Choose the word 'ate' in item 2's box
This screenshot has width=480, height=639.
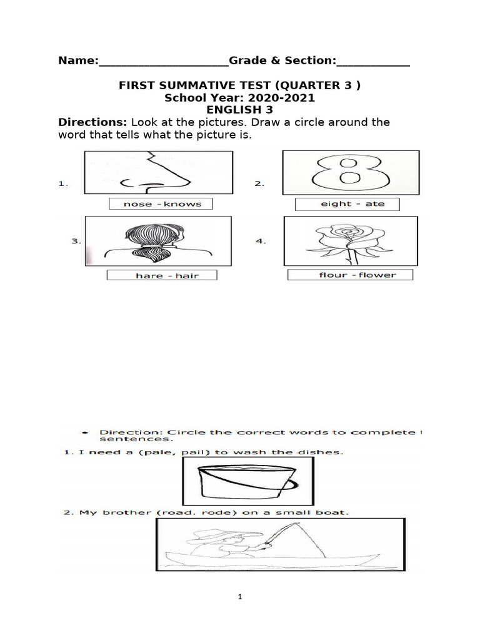(x=375, y=204)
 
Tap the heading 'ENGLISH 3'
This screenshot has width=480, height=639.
(x=239, y=110)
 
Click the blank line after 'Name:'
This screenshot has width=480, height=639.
(x=164, y=61)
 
